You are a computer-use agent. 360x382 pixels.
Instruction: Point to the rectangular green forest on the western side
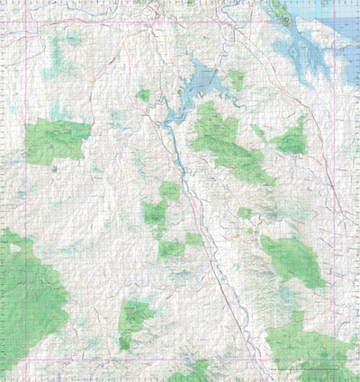[x=58, y=140]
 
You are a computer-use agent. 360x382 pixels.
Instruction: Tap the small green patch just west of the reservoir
[x=143, y=94]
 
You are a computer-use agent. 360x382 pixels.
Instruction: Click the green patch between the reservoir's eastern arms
[x=236, y=79]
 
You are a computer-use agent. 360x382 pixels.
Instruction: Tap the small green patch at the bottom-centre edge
[x=189, y=373]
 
